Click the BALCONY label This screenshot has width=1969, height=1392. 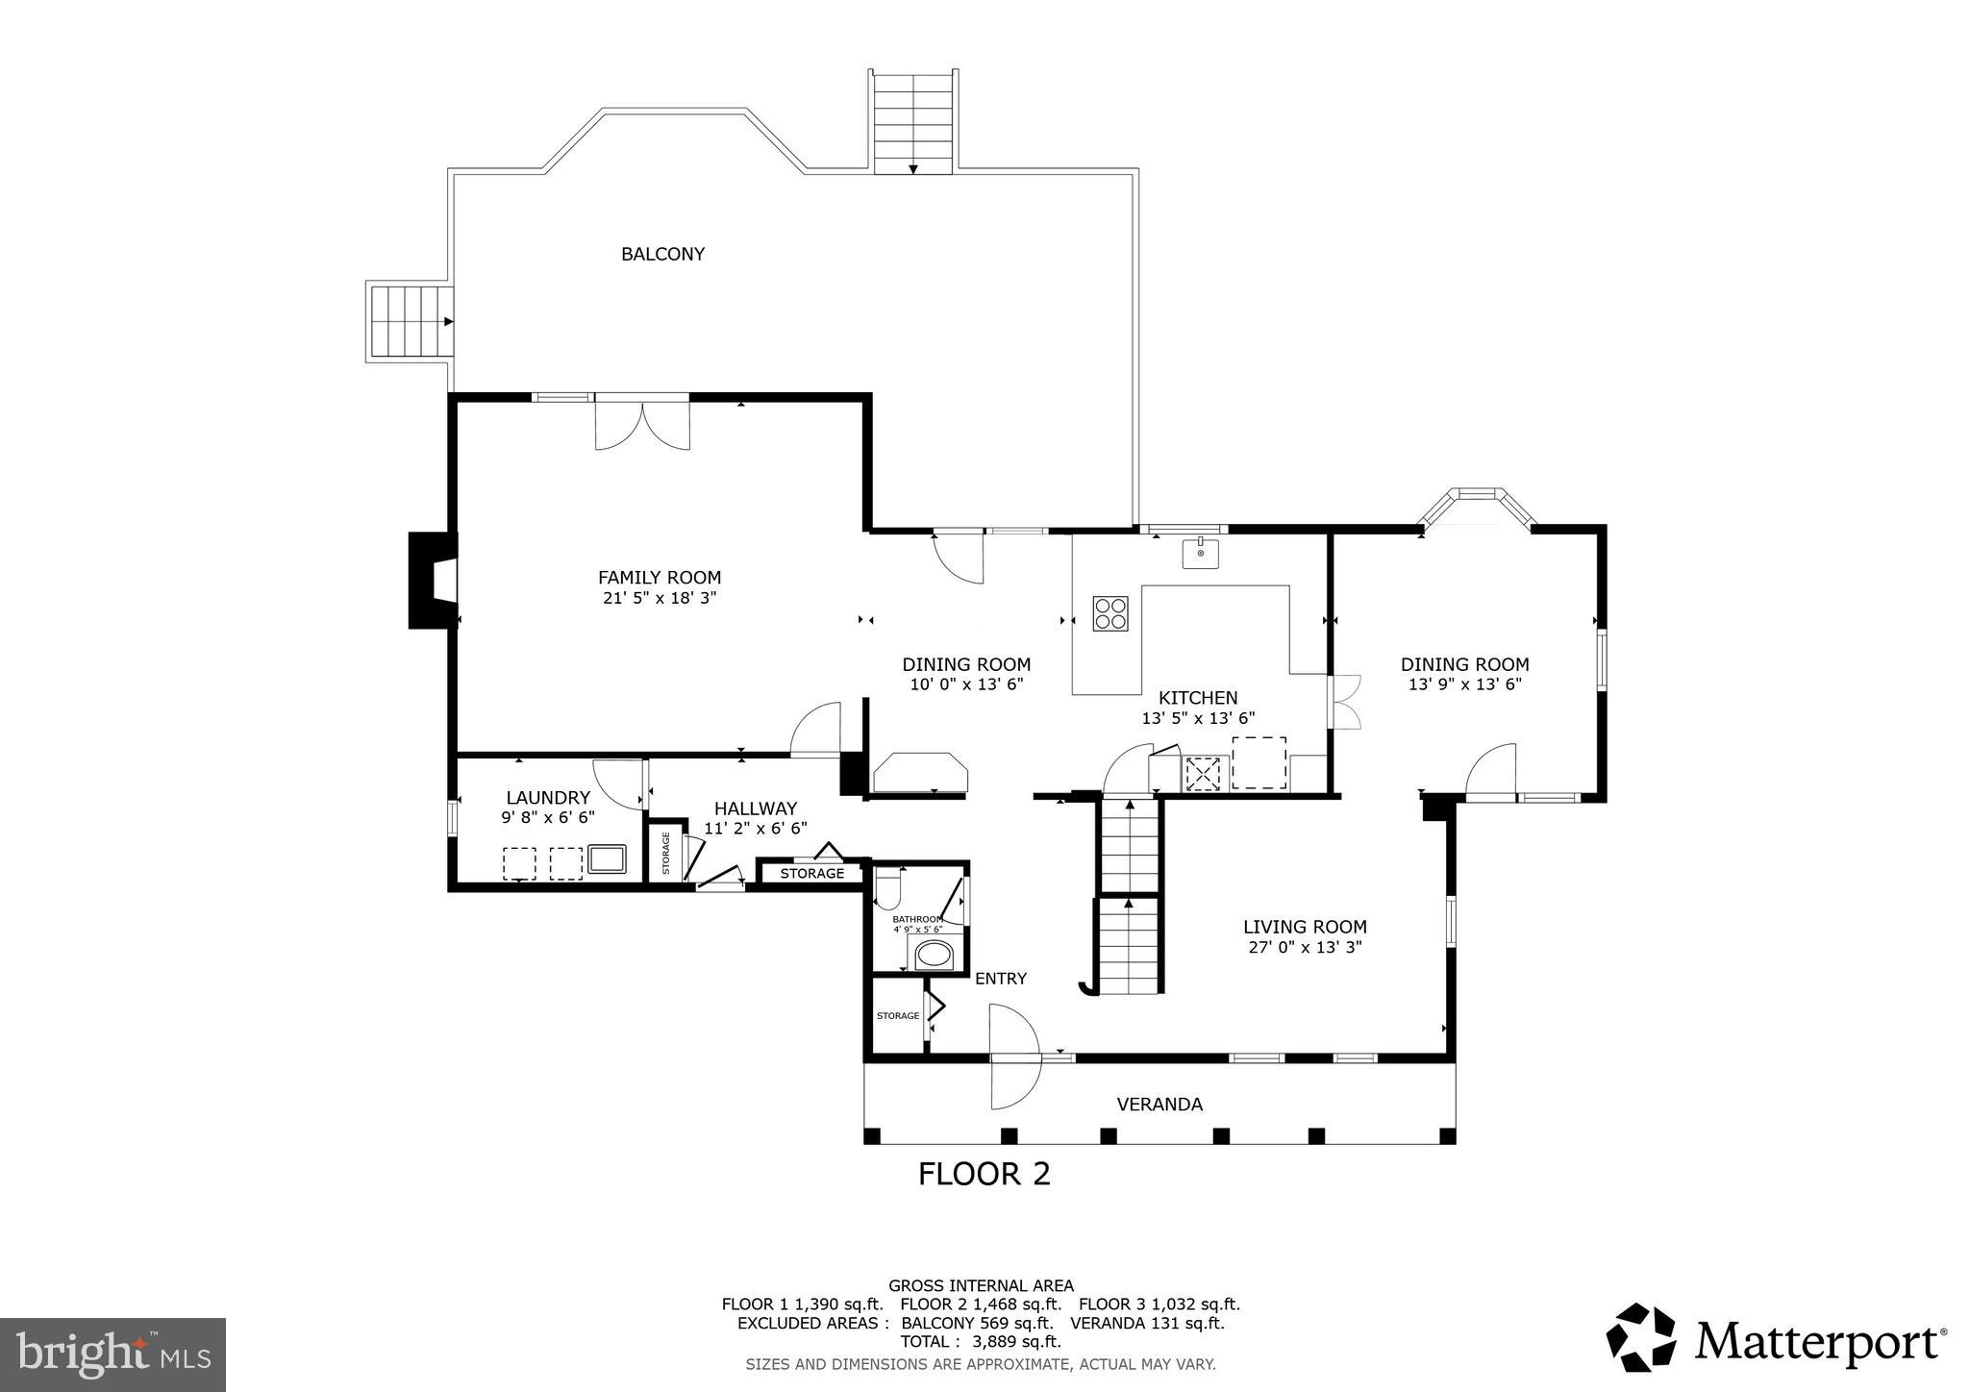pyautogui.click(x=662, y=254)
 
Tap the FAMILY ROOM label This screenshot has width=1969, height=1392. pyautogui.click(x=660, y=578)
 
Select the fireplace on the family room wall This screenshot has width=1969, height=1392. pyautogui.click(x=433, y=581)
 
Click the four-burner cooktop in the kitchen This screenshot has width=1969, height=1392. pyautogui.click(x=1110, y=613)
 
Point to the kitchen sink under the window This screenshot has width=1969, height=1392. pyautogui.click(x=1200, y=554)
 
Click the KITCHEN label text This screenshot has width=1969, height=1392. pyautogui.click(x=1197, y=698)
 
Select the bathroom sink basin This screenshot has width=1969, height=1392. pyautogui.click(x=933, y=955)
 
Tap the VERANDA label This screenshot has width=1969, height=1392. pyautogui.click(x=1159, y=1105)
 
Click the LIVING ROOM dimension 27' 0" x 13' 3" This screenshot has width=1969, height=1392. pyautogui.click(x=1304, y=947)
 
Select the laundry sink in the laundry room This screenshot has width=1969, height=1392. pyautogui.click(x=607, y=858)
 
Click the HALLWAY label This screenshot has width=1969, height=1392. pyautogui.click(x=755, y=809)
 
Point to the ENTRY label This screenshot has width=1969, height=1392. pyautogui.click(x=1001, y=979)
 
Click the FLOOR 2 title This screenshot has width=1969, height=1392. pyautogui.click(x=984, y=1174)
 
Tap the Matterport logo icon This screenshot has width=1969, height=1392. pyautogui.click(x=1641, y=1337)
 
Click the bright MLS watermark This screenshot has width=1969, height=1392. pyautogui.click(x=112, y=1355)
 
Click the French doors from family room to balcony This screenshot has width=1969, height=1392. pyautogui.click(x=642, y=423)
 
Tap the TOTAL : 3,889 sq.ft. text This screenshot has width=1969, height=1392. pyautogui.click(x=980, y=1342)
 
